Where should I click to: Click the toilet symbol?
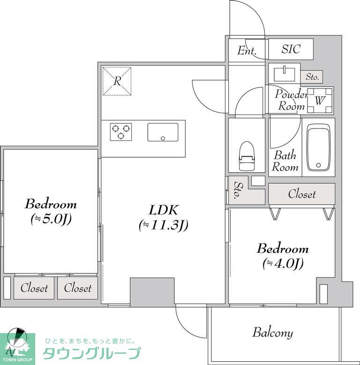(247, 156)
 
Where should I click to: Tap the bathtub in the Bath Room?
(318, 147)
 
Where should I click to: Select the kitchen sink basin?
(163, 132)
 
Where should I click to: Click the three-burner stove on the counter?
(120, 132)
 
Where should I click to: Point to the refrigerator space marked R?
(117, 81)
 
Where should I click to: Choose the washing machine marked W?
(320, 100)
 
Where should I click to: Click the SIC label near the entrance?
(291, 49)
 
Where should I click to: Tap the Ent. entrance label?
(247, 51)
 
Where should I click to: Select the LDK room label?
(164, 210)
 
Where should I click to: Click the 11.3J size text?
(164, 225)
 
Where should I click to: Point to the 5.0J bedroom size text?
(51, 219)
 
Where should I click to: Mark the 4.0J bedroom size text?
(283, 264)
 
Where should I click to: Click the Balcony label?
(272, 333)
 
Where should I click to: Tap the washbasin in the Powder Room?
(285, 74)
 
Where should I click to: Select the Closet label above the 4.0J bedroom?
(302, 194)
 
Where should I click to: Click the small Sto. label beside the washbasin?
(312, 76)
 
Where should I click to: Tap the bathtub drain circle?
(318, 165)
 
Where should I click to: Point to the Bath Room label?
(285, 161)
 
